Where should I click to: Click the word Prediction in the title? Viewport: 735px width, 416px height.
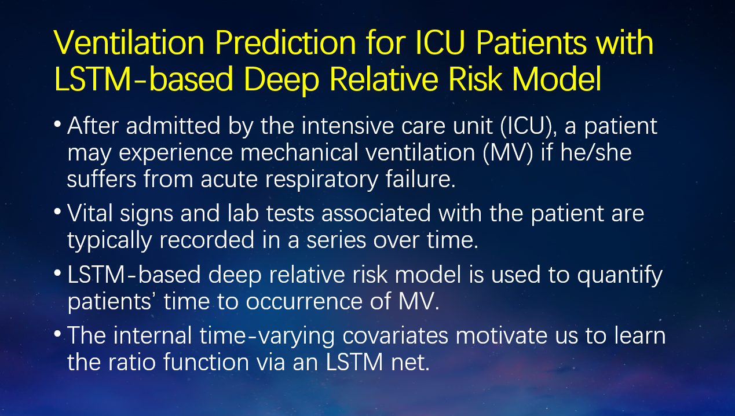(286, 43)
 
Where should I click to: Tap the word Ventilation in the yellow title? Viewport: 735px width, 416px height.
(129, 43)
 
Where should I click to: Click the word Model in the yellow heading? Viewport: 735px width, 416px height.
(557, 79)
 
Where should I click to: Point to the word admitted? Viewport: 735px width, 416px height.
(173, 126)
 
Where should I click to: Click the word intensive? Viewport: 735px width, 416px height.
(348, 126)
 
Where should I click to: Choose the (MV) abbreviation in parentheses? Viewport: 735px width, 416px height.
(507, 153)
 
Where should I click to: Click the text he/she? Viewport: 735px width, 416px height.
(595, 153)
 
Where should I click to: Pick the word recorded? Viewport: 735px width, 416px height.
(207, 240)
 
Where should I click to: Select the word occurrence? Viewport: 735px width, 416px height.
(304, 302)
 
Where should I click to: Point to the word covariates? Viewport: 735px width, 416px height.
(395, 336)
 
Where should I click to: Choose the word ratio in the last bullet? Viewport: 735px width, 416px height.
(132, 362)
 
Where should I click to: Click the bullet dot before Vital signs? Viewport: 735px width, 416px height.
(57, 211)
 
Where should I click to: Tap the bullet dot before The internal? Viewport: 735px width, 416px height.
(57, 334)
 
